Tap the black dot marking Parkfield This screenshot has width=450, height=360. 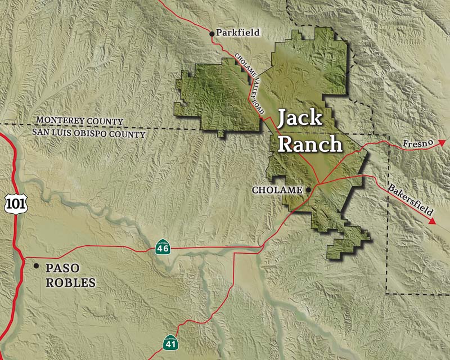click(x=212, y=34)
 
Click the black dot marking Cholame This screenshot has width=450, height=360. click(x=308, y=190)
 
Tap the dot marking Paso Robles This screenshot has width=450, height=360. click(x=37, y=265)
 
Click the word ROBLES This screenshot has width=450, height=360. click(x=70, y=282)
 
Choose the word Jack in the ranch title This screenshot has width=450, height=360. click(x=300, y=119)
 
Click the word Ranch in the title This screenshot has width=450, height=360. click(x=310, y=143)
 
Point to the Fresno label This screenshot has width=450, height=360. click(x=419, y=145)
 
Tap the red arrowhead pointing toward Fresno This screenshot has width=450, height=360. click(x=442, y=142)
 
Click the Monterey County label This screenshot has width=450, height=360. click(x=79, y=121)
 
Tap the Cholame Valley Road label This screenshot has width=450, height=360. click(x=249, y=85)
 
